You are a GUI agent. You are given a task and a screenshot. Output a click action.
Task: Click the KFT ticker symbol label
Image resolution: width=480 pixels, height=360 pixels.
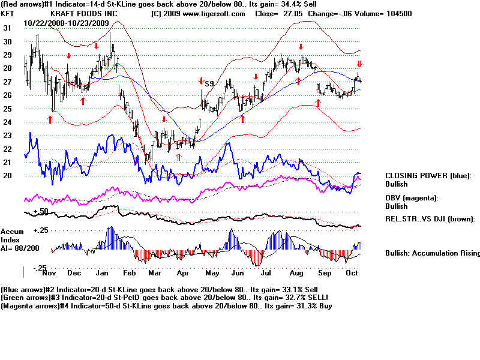[8, 13]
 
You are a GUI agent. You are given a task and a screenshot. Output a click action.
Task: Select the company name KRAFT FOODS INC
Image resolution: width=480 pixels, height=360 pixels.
[84, 13]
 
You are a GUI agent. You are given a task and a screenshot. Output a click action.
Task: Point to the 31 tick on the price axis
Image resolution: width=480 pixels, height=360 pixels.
[7, 28]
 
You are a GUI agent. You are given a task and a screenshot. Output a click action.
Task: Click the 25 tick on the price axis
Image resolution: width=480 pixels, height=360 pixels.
[7, 109]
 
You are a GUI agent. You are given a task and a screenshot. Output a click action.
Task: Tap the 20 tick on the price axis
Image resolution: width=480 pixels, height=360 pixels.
[7, 176]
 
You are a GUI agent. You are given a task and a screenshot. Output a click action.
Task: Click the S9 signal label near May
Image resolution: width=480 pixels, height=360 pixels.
[209, 83]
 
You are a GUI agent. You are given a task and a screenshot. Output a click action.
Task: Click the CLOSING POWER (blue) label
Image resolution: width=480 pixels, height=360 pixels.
[428, 176]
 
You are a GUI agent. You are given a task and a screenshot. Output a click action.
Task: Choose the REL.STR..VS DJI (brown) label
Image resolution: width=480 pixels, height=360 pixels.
[430, 219]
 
